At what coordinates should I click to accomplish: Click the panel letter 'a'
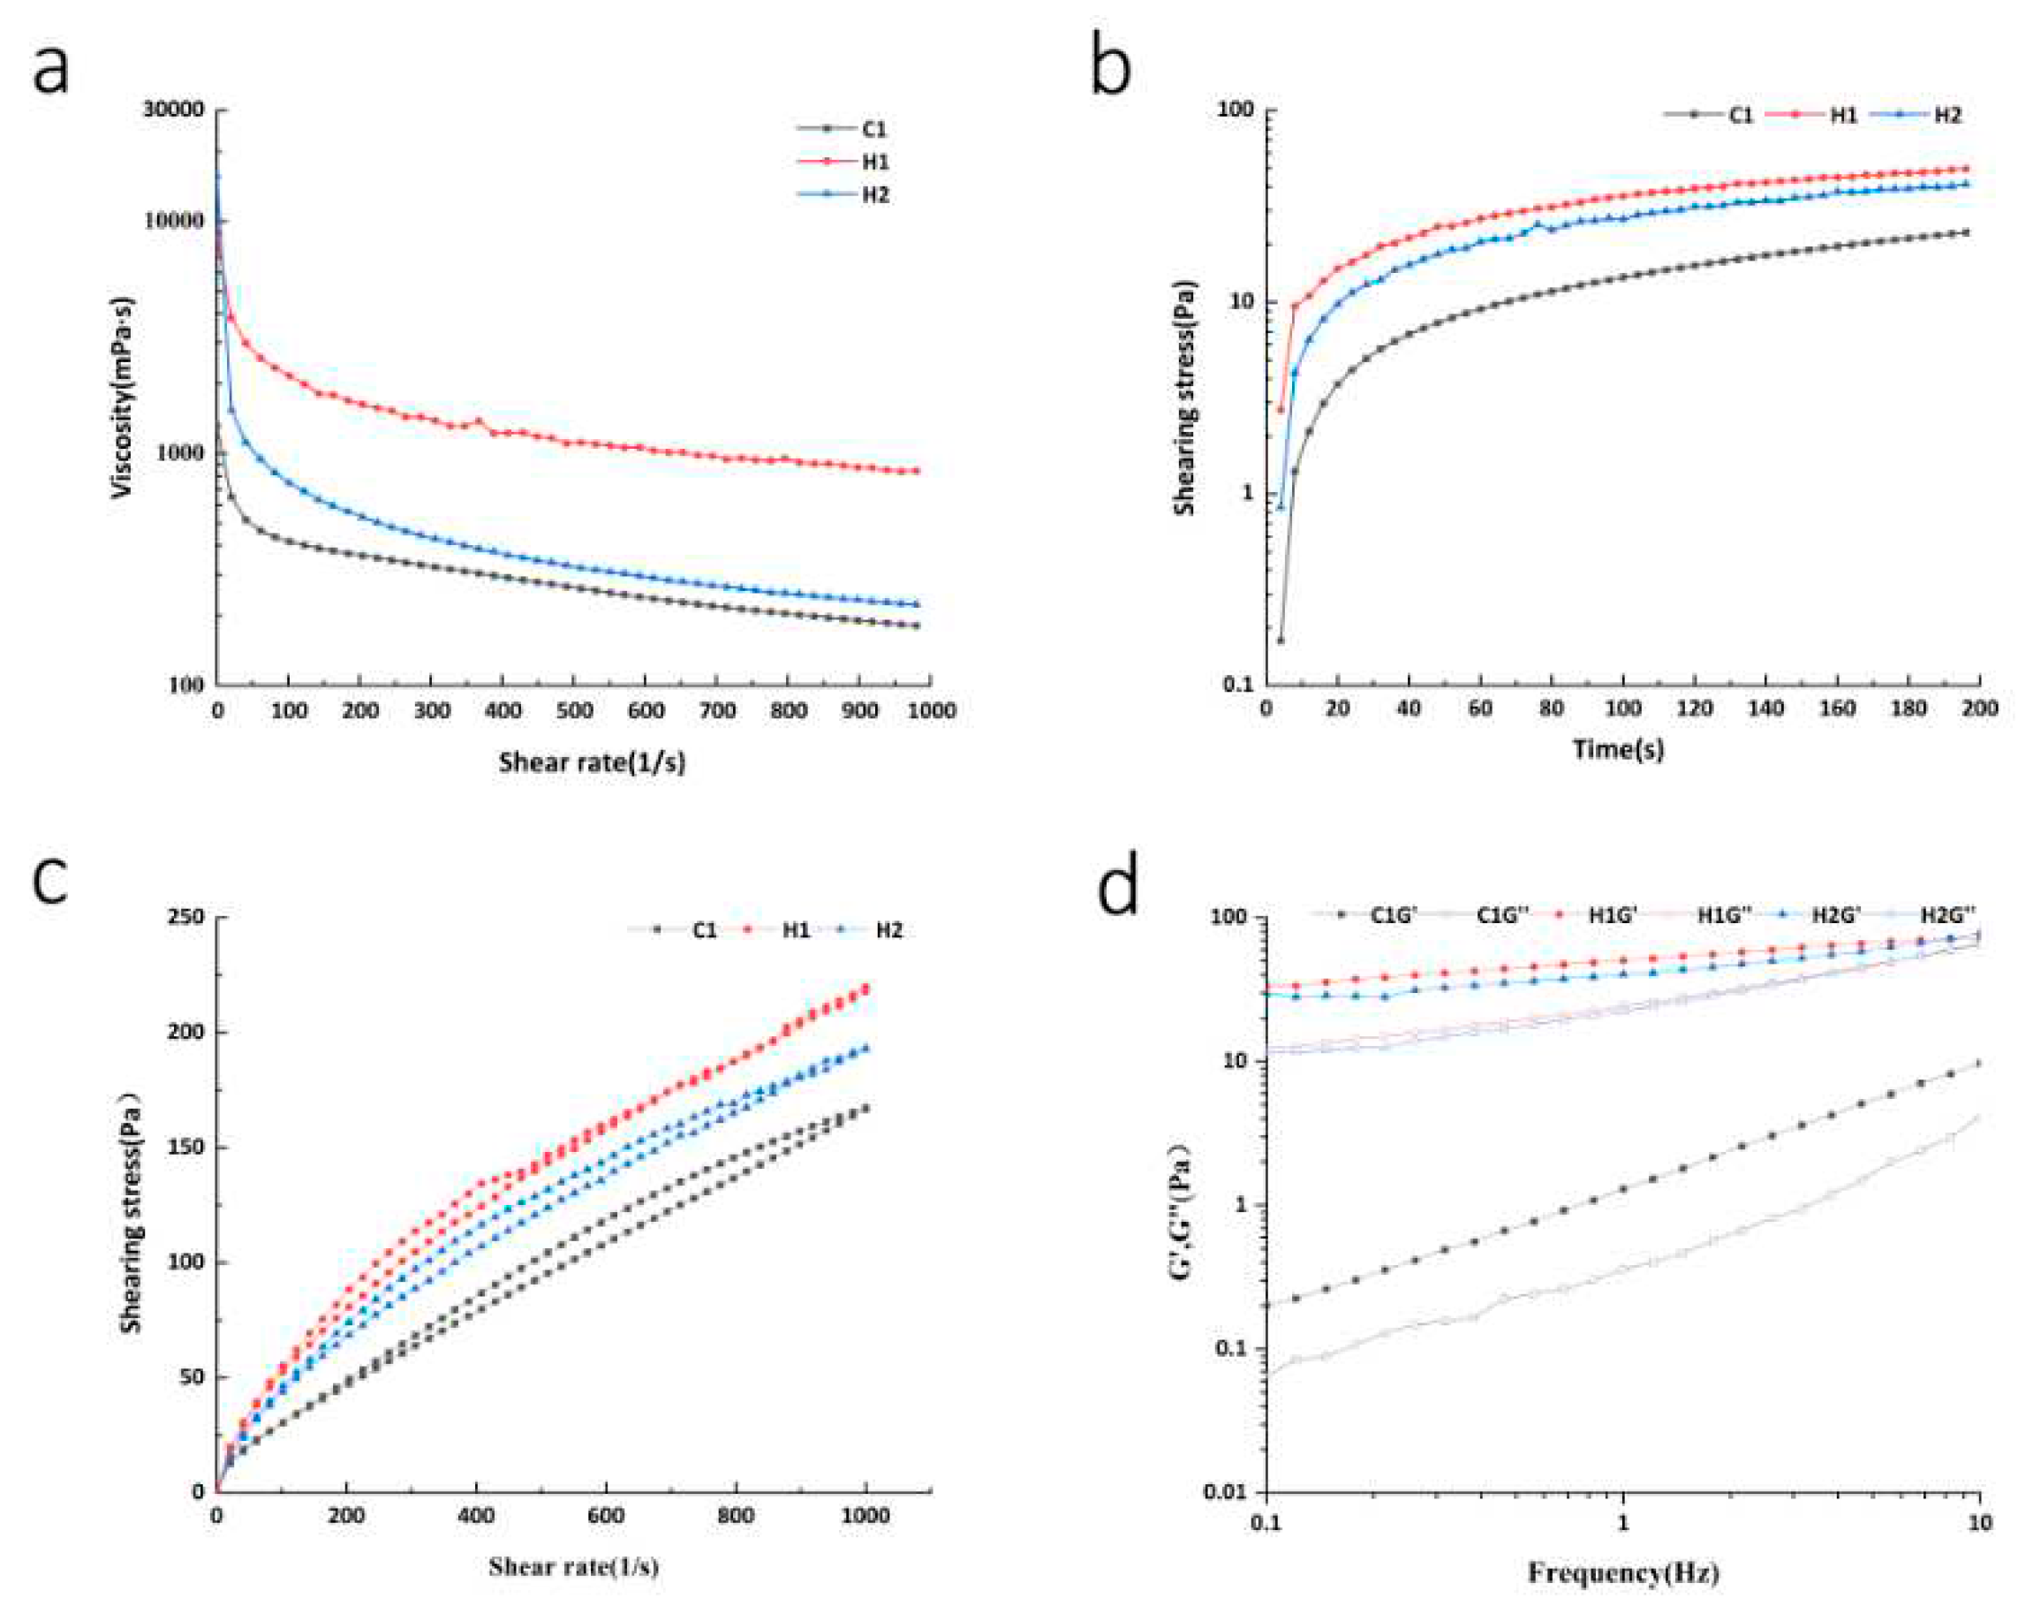51,70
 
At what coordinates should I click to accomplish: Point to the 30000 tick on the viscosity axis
173,110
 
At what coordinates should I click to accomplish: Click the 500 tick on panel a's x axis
574,710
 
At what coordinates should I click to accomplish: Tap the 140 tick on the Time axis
1765,708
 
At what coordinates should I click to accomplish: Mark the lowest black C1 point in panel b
1281,640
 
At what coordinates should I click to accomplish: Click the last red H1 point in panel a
917,471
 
